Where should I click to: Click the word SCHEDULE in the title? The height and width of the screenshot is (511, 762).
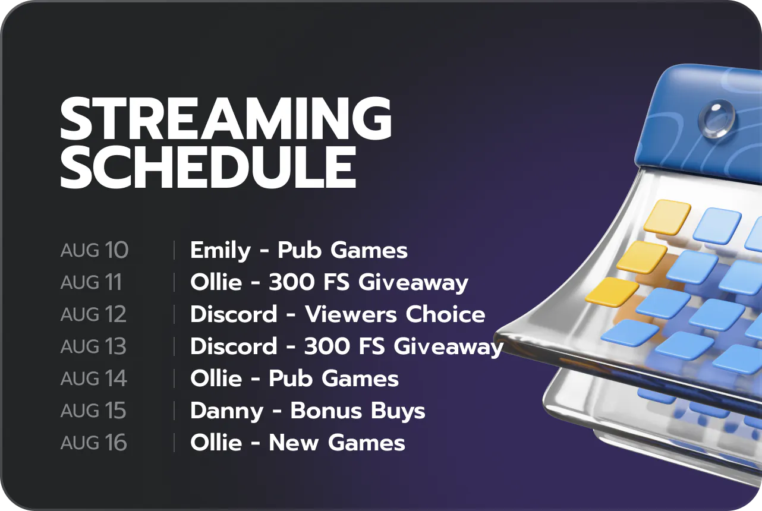tap(208, 168)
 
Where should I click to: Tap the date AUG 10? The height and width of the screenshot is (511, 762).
tap(95, 250)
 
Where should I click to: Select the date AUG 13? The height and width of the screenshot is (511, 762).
tap(93, 346)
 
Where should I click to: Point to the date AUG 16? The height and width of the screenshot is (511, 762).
tap(93, 442)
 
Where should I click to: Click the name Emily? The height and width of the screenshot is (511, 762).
tap(221, 251)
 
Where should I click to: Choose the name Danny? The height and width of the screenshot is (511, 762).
tap(227, 412)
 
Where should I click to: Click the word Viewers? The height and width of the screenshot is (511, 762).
tap(351, 314)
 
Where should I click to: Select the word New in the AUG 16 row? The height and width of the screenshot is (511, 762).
tap(294, 443)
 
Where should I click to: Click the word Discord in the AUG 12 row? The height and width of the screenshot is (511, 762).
tap(234, 314)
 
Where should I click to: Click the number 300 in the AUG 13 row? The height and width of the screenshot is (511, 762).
tap(328, 346)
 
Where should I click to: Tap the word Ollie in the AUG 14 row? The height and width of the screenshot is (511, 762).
tap(216, 378)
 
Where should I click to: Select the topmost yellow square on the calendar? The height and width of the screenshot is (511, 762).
tap(666, 217)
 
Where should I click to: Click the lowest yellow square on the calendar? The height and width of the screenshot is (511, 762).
tap(612, 292)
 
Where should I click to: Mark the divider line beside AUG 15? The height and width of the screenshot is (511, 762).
tap(174, 411)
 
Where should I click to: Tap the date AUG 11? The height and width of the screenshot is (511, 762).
tap(91, 282)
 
